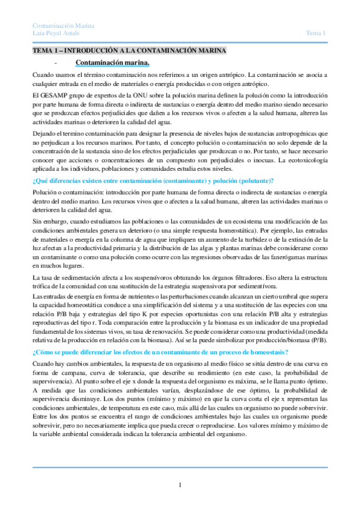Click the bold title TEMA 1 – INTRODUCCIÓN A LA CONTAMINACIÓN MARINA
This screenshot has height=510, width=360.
pos(129,52)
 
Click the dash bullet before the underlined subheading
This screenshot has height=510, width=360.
pos(55,63)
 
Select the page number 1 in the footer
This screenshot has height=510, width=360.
pos(180,485)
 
